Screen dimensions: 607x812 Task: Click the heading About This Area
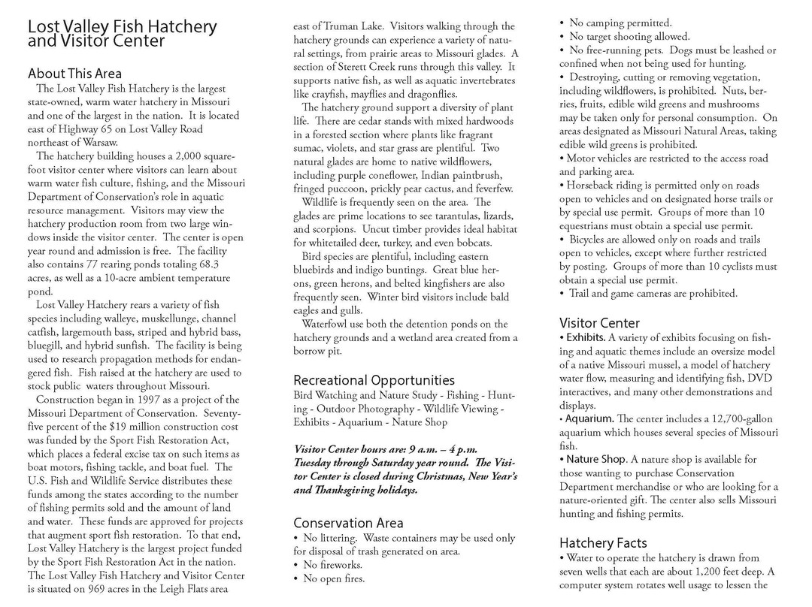tap(74, 74)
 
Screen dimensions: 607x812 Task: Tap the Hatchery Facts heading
tap(603, 542)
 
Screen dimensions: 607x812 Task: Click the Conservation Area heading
tap(348, 523)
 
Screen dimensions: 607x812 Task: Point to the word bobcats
tap(473, 243)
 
